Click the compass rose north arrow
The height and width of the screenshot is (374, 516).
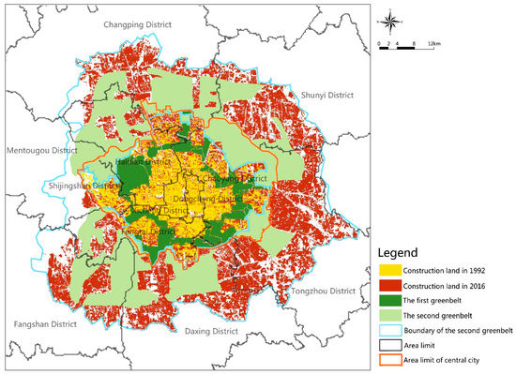pyautogui.click(x=391, y=22)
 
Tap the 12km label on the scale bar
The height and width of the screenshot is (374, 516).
pyautogui.click(x=433, y=44)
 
